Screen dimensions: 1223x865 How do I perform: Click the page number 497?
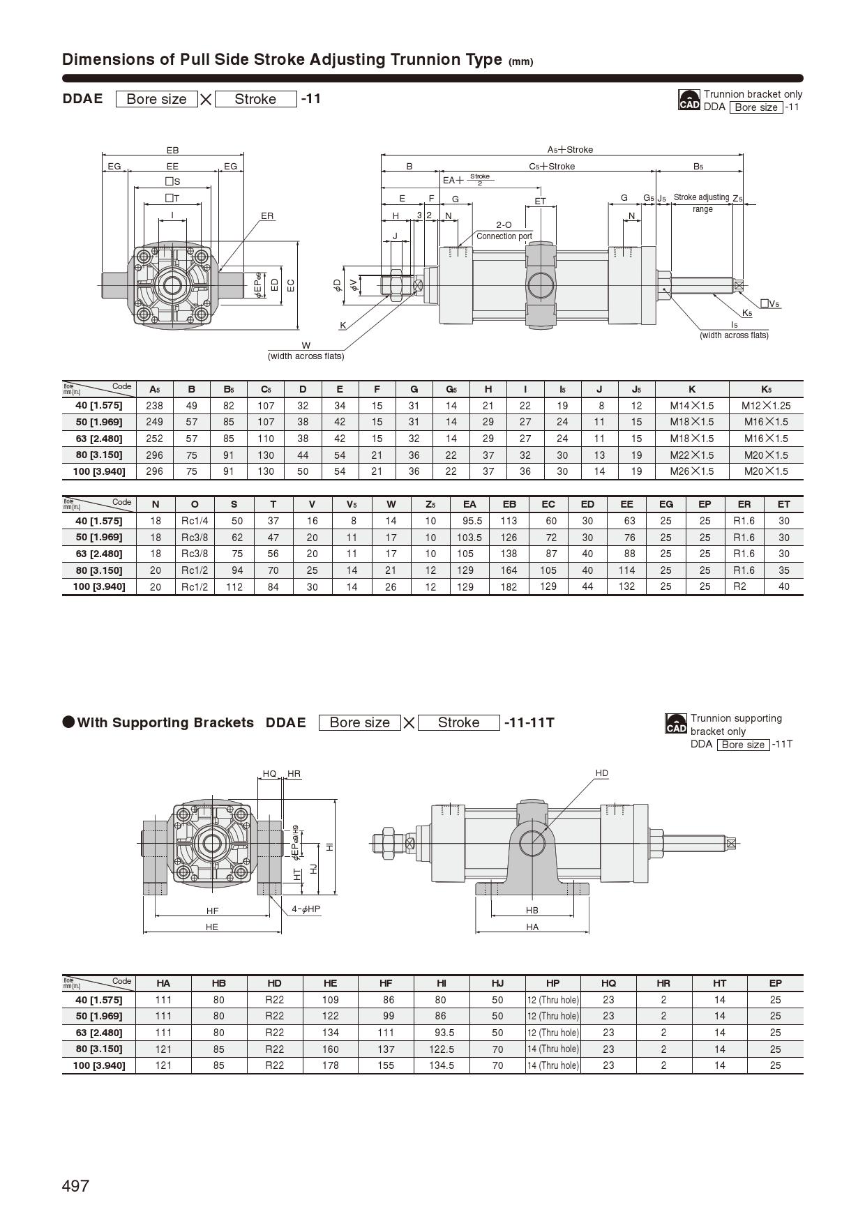75,1186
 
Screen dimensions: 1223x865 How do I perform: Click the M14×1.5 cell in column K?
691,406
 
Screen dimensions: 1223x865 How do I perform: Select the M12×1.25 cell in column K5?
765,406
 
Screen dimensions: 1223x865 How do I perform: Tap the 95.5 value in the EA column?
472,521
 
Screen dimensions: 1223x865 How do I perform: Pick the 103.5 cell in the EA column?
469,538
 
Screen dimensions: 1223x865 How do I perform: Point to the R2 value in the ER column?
739,586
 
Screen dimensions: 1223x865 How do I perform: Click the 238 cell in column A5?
154,406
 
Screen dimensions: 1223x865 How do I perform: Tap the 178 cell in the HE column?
330,1065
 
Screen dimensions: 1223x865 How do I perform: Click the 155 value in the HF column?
385,1065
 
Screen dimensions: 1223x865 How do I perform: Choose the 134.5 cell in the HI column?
442,1065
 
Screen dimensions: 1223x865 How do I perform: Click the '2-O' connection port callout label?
504,225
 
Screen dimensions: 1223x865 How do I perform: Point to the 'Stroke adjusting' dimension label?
701,198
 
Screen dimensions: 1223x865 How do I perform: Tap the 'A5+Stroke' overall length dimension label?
569,150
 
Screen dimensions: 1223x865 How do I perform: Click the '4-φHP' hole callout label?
306,909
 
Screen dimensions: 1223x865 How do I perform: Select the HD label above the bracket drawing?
601,773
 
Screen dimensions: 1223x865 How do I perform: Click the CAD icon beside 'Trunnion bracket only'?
689,100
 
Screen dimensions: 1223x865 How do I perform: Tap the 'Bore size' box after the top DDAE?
156,99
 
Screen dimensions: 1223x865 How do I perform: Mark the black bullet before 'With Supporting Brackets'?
68,722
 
